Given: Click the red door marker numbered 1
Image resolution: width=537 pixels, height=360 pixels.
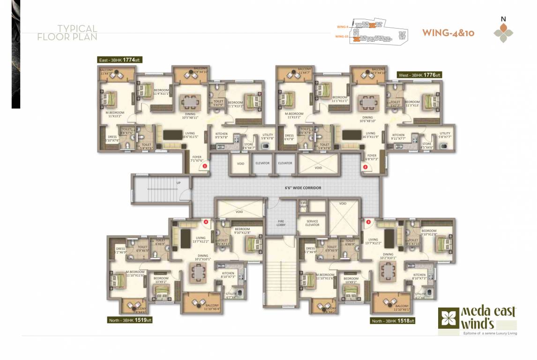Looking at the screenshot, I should [x=205, y=166].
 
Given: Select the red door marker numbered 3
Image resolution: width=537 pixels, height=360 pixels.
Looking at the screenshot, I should [x=368, y=222].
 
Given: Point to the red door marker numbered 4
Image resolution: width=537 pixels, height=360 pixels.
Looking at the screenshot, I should [x=206, y=222].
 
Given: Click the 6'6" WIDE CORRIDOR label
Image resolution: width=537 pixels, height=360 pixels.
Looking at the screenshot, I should [x=303, y=188].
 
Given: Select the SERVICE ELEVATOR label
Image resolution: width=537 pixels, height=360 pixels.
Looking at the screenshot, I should [x=312, y=223].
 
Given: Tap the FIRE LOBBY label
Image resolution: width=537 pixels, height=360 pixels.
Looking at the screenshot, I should [x=281, y=223].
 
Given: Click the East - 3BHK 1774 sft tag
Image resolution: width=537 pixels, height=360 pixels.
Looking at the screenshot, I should [x=119, y=60].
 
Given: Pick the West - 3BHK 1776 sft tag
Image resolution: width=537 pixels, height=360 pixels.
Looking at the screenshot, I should [x=419, y=75].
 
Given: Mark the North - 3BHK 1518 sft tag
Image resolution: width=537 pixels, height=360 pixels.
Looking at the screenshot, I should [x=392, y=321].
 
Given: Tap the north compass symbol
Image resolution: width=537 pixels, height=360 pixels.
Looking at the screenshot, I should [x=504, y=31].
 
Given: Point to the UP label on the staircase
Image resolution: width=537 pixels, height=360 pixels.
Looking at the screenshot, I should [x=178, y=182].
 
